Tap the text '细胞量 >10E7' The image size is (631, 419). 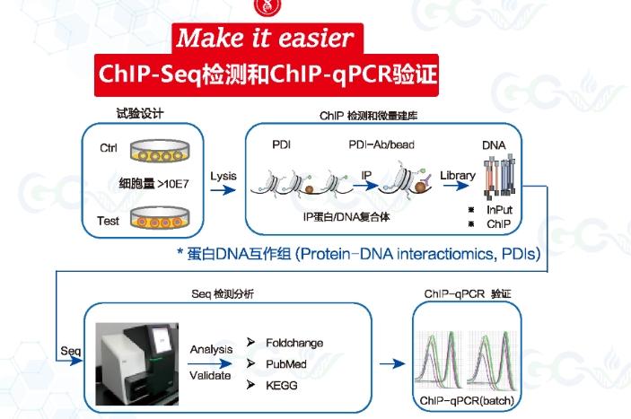click(x=156, y=185)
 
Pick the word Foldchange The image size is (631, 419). click(x=294, y=343)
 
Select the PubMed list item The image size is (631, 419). click(x=287, y=363)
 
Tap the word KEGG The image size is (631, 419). click(x=282, y=384)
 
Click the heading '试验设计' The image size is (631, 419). click(x=139, y=114)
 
